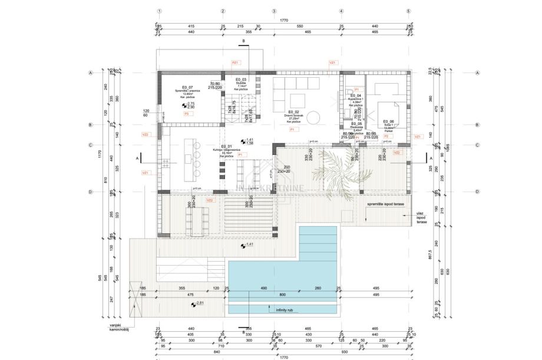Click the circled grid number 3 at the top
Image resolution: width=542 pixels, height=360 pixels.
coord(274,11)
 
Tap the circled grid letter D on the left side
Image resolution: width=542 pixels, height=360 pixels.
coord(91,192)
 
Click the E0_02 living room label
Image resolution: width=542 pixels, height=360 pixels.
coord(294,112)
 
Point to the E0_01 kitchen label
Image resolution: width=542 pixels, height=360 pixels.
coord(227,146)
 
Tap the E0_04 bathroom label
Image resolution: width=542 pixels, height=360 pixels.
coord(355,95)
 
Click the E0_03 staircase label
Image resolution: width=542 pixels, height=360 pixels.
coord(241,80)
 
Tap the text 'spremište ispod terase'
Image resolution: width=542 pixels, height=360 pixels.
coord(385,203)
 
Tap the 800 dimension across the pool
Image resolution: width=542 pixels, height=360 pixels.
coord(282,294)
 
